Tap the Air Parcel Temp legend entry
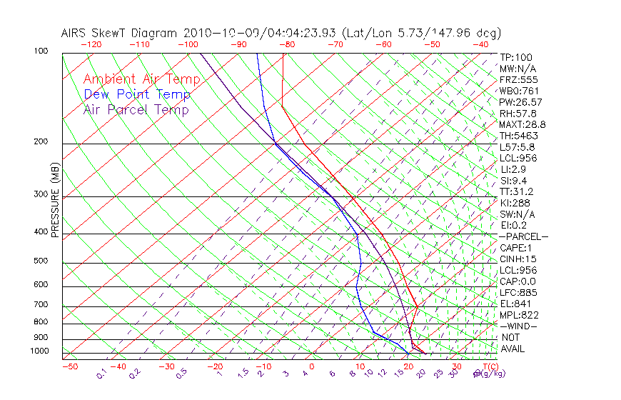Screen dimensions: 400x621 coord(136,109)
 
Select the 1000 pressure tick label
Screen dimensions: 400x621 coord(40,351)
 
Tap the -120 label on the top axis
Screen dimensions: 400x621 coord(91,44)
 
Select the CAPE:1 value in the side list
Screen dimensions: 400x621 coord(517,248)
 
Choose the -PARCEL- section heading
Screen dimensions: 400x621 coord(524,236)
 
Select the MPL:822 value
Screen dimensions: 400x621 coord(519,315)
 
